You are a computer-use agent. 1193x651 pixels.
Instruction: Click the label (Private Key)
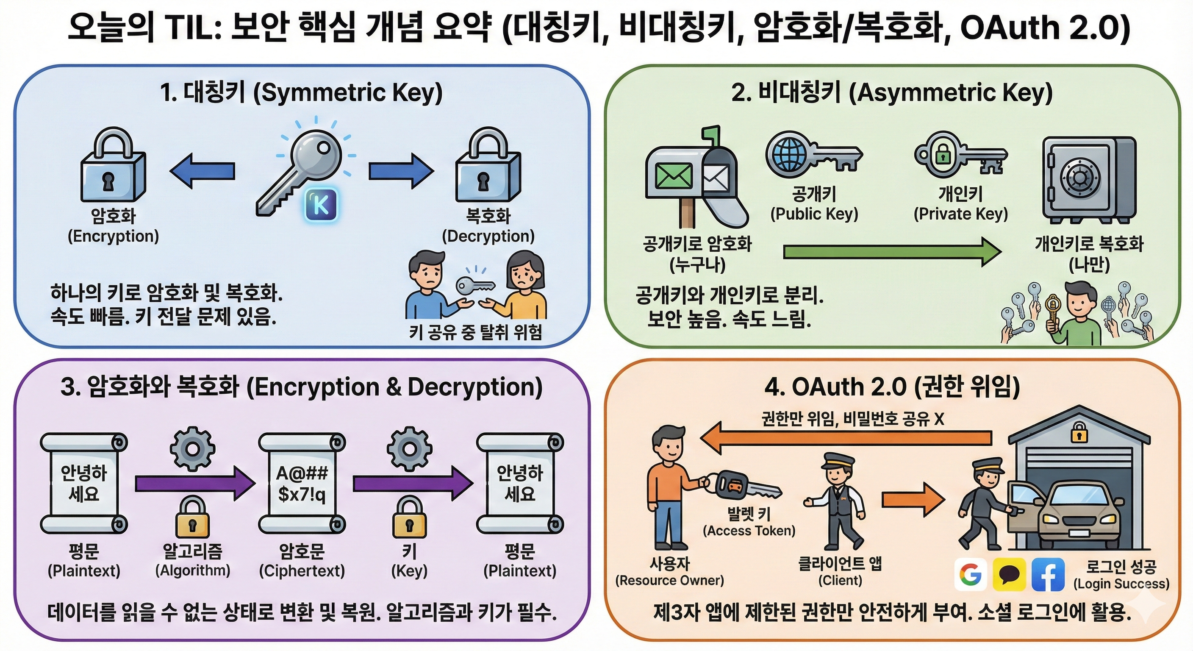960,214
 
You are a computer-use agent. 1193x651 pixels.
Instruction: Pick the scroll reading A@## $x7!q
302,483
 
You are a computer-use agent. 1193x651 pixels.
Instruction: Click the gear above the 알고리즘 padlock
192,449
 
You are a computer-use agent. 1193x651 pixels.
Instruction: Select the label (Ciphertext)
302,570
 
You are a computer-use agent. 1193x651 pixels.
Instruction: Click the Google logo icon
971,575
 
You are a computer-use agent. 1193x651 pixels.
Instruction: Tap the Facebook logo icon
1048,575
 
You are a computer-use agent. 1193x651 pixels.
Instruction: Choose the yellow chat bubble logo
1009,575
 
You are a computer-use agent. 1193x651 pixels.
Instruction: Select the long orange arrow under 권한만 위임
846,437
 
